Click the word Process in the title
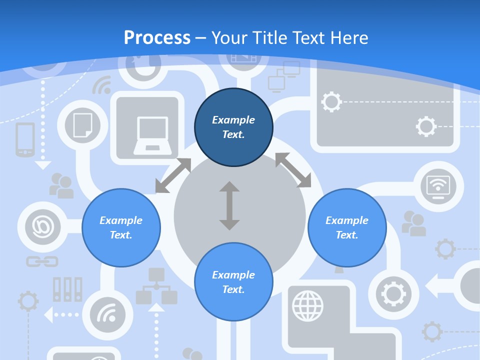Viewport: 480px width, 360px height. [x=157, y=37]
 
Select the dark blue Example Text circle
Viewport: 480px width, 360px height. [x=233, y=127]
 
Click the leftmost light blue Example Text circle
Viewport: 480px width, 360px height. [x=121, y=227]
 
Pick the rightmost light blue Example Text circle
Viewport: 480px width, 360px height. [x=347, y=227]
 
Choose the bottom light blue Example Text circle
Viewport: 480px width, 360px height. [x=233, y=282]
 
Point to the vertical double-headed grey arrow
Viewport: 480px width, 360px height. [x=229, y=205]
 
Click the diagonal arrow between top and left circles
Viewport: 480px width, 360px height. [x=173, y=175]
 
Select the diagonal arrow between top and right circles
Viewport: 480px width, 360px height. [x=293, y=170]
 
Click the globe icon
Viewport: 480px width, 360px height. [x=307, y=305]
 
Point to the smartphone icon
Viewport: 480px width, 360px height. [x=25, y=139]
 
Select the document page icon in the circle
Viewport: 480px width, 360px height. [x=82, y=125]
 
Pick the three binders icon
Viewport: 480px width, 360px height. [x=67, y=289]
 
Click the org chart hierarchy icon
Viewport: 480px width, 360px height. [x=156, y=286]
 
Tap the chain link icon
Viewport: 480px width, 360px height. [x=42, y=261]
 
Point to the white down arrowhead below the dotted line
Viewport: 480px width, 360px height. [x=43, y=164]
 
